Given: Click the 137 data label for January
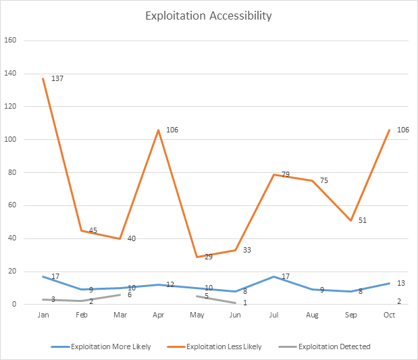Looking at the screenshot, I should click(x=57, y=79).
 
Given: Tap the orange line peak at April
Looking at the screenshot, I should click(x=159, y=130).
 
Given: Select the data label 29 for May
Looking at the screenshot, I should click(x=209, y=257).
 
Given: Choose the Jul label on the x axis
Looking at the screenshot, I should click(x=274, y=315).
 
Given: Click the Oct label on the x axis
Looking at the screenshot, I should click(x=390, y=315).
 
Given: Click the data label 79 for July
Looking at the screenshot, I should click(x=286, y=175).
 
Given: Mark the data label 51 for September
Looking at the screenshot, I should click(x=362, y=220).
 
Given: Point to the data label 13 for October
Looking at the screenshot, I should click(x=401, y=283).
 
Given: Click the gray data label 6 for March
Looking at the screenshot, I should click(x=130, y=294).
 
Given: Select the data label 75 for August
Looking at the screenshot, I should click(x=323, y=181).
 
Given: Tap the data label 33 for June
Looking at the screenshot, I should click(x=247, y=251).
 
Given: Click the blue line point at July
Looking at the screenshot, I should click(x=274, y=276).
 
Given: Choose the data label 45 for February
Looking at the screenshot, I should click(x=93, y=230).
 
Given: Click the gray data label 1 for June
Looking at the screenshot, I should click(x=245, y=303).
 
